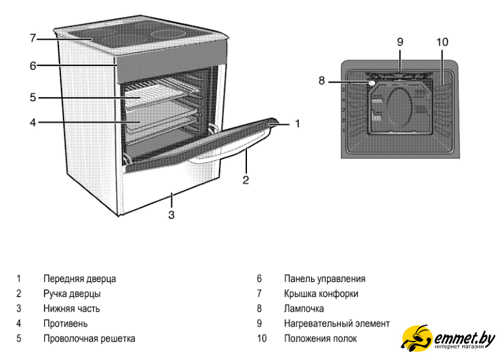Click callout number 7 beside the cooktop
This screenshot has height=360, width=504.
click(32, 39)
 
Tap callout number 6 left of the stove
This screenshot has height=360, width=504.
click(32, 65)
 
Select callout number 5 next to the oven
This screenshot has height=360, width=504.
click(32, 98)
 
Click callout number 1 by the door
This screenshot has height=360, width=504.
click(296, 124)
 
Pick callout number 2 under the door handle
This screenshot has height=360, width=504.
click(246, 180)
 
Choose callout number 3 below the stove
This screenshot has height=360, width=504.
click(171, 215)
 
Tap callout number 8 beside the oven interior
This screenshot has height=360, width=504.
click(322, 81)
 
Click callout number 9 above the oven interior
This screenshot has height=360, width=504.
click(400, 43)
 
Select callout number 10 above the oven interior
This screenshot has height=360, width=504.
click(442, 43)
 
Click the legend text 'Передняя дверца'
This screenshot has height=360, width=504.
click(79, 278)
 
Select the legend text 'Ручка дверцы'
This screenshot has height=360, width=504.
click(72, 293)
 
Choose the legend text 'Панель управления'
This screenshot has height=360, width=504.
click(324, 278)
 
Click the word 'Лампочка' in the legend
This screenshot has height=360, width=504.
click(304, 309)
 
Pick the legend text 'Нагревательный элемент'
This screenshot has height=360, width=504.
click(336, 324)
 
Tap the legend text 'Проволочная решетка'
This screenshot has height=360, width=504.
click(89, 338)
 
